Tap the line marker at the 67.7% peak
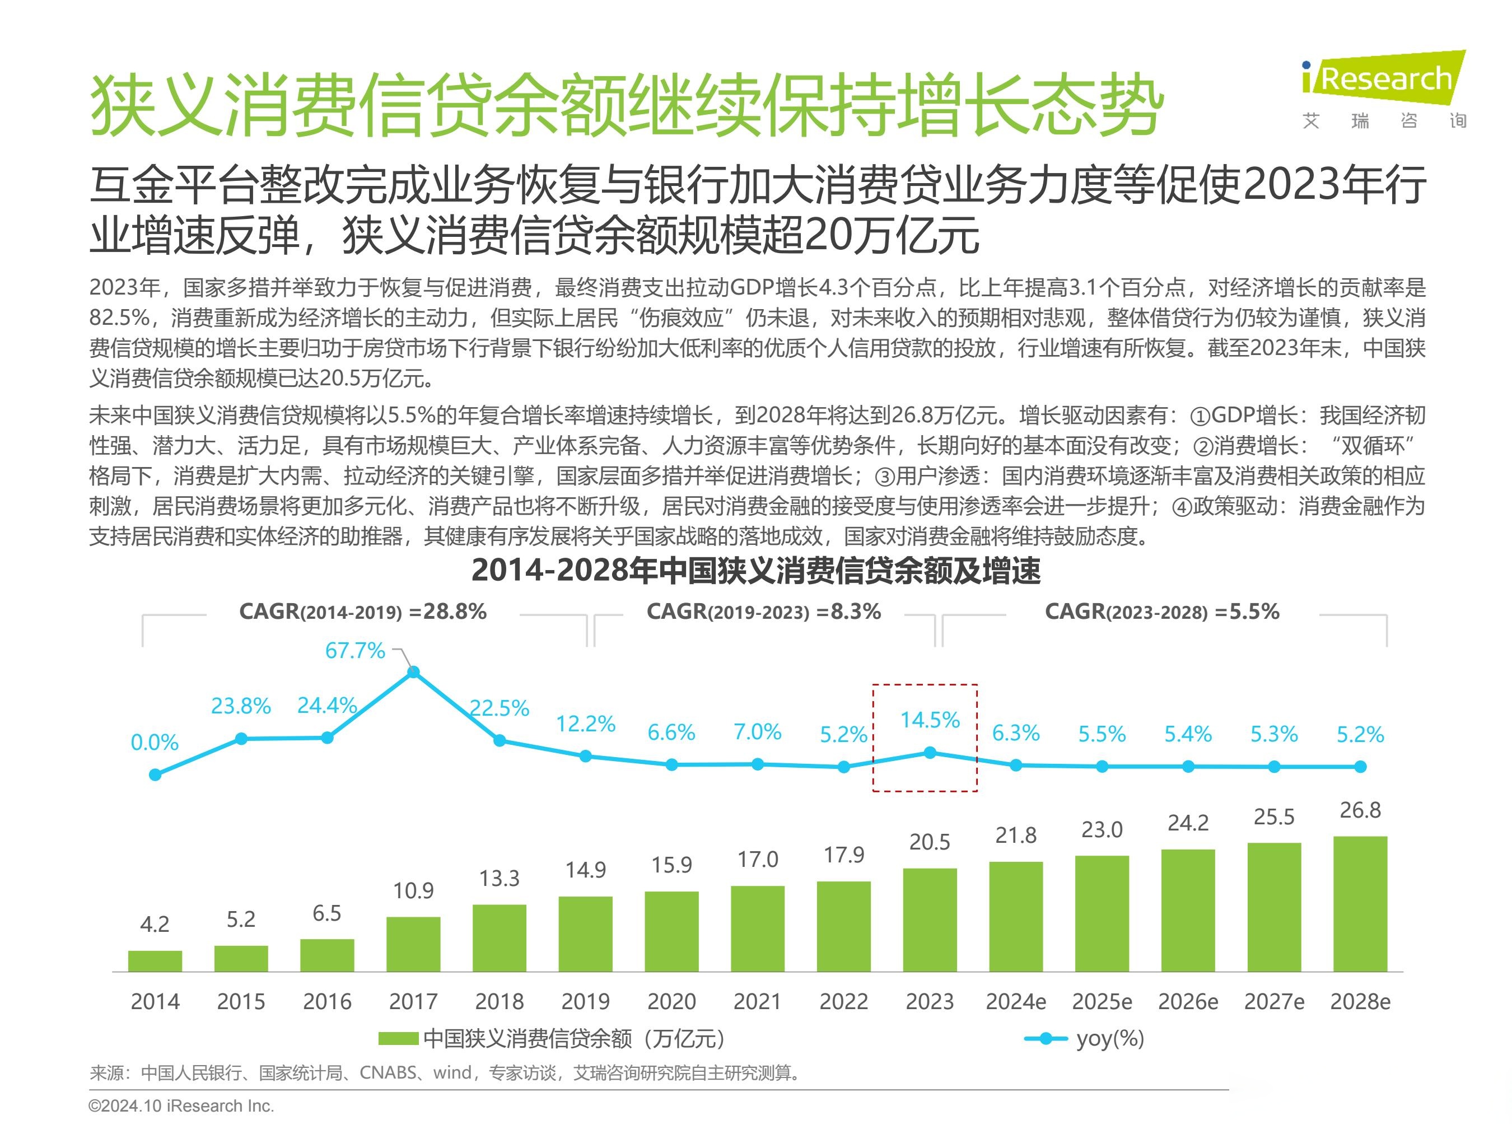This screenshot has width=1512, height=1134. pos(413,673)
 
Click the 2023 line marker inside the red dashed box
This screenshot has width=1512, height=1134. pos(930,753)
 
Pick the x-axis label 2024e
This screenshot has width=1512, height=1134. pos(1015,1001)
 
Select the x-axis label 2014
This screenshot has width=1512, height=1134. pos(155,1001)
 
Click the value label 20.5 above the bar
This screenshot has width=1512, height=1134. pos(929,842)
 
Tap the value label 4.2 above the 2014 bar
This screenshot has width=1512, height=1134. pos(155,924)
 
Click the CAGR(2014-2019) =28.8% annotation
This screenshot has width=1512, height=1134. pos(362,611)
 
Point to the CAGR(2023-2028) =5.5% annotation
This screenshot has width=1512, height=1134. pos(1161,611)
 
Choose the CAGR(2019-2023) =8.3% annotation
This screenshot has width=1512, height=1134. pos(763,611)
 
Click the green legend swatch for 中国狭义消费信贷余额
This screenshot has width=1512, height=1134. pos(399,1039)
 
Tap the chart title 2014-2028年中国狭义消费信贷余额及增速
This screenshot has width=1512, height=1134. pos(755,571)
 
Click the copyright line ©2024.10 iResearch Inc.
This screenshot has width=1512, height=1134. pos(181,1105)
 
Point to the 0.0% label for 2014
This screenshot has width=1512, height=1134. pos(155,743)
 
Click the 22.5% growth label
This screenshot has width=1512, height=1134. pos(500,708)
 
